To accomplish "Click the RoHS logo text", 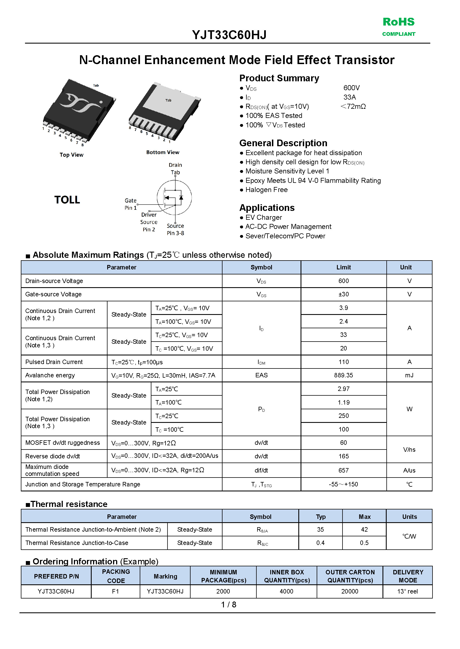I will (398, 22).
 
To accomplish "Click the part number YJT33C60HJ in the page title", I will (229, 35).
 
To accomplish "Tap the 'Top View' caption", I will (71, 155).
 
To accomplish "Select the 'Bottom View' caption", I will (162, 152).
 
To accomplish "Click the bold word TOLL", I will (67, 200).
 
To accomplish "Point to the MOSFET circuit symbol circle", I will (174, 198).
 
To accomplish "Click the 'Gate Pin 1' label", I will (131, 204).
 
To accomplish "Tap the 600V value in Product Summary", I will (351, 88).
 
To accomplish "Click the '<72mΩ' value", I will (353, 107).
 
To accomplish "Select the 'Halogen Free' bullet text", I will (266, 190).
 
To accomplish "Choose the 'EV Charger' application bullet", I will (263, 218).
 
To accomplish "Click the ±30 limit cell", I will (343, 294).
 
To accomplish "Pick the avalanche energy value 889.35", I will (343, 375).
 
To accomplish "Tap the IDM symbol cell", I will (261, 362).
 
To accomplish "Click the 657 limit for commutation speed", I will (343, 470).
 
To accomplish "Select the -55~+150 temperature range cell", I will (343, 484).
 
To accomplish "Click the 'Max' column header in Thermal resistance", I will (364, 517).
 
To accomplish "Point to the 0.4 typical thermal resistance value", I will (320, 543).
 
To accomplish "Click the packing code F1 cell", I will (115, 591).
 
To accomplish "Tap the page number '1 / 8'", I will (229, 605).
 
